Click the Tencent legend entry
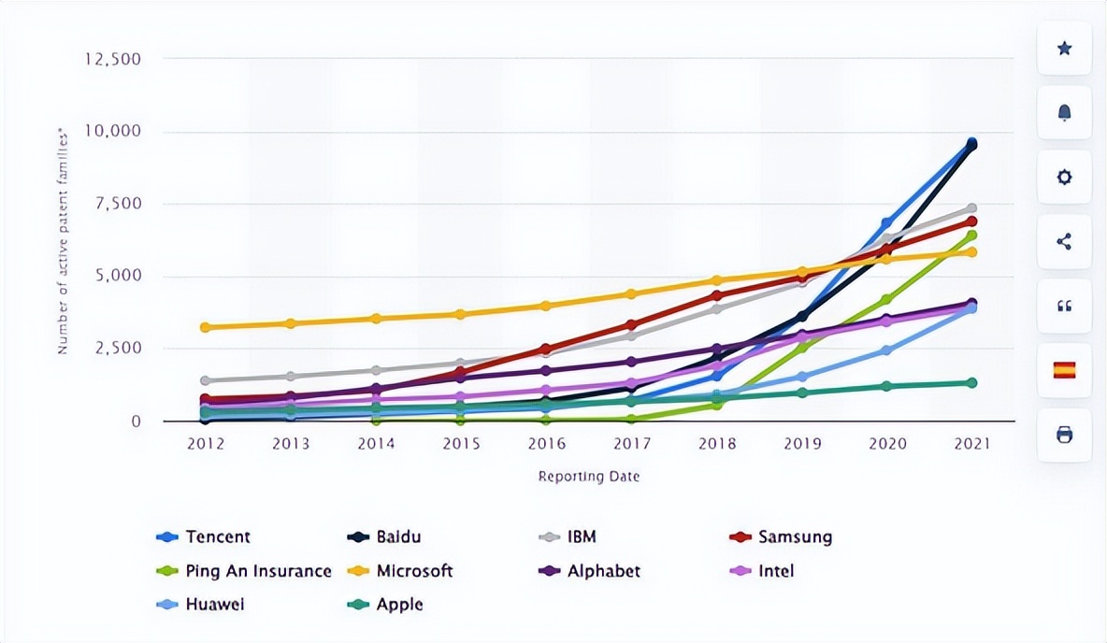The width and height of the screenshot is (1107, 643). (217, 536)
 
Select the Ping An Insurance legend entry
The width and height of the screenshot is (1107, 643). (257, 571)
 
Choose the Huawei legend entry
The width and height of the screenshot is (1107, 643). (214, 605)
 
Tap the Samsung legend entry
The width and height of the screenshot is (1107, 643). (794, 536)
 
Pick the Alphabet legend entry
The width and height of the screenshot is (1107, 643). (603, 571)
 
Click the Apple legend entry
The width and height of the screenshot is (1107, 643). (399, 605)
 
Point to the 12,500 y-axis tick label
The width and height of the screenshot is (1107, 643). (112, 59)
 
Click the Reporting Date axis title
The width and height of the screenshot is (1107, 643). (588, 477)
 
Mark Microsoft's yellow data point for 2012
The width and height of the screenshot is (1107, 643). (205, 327)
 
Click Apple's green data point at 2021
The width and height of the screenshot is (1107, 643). (971, 382)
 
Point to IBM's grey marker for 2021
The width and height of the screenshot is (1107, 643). (971, 208)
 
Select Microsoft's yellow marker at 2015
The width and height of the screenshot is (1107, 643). (460, 314)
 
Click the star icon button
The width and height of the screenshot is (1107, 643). (1064, 49)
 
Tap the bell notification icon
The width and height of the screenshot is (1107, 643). (1064, 113)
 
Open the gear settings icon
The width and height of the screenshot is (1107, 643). (1064, 178)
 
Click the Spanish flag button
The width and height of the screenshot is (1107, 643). (1064, 370)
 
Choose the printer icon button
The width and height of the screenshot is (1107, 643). (1064, 435)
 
